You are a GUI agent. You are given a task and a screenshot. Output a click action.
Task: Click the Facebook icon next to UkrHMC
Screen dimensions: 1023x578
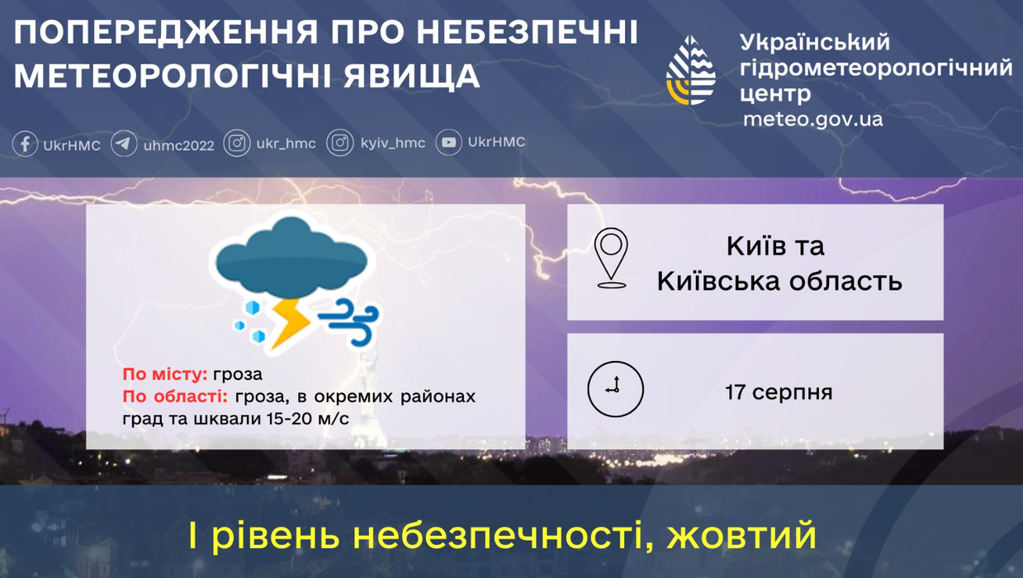click(x=25, y=144)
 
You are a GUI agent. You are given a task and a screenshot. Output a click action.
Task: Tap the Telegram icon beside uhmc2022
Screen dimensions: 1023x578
click(x=124, y=144)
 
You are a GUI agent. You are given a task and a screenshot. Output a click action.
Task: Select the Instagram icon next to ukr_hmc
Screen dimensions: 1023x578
click(x=237, y=144)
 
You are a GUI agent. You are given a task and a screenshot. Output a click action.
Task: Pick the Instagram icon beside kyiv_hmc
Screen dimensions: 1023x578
click(x=340, y=143)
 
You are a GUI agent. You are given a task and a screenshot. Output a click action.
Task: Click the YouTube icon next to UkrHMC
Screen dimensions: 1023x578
click(x=448, y=143)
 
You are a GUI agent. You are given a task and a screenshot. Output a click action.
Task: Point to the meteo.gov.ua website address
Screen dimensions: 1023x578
click(x=813, y=120)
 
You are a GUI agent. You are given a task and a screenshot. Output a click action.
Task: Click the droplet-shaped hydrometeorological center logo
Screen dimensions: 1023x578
click(x=690, y=70)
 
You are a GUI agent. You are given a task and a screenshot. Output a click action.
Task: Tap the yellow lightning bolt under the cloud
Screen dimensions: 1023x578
click(x=290, y=325)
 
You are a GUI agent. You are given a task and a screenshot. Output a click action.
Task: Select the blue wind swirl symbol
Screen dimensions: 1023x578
click(x=349, y=322)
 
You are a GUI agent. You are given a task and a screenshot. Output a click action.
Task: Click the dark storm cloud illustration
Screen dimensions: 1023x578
click(x=291, y=257)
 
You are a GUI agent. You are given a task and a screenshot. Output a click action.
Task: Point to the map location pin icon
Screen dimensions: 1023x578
click(x=611, y=258)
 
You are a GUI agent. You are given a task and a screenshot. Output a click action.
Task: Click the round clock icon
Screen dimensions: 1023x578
click(x=615, y=390)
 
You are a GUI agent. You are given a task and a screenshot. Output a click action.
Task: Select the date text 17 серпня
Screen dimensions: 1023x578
click(x=779, y=392)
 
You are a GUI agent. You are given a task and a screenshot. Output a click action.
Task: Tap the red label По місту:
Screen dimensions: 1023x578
click(x=165, y=374)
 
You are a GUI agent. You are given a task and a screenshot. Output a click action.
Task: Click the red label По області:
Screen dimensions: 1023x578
click(x=175, y=396)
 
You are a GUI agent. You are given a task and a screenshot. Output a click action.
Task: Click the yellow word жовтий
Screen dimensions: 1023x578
click(x=741, y=536)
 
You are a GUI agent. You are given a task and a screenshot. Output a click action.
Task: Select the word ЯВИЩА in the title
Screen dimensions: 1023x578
click(x=411, y=76)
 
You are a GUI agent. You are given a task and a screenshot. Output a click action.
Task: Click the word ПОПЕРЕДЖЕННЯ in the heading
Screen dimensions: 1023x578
click(x=166, y=32)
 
